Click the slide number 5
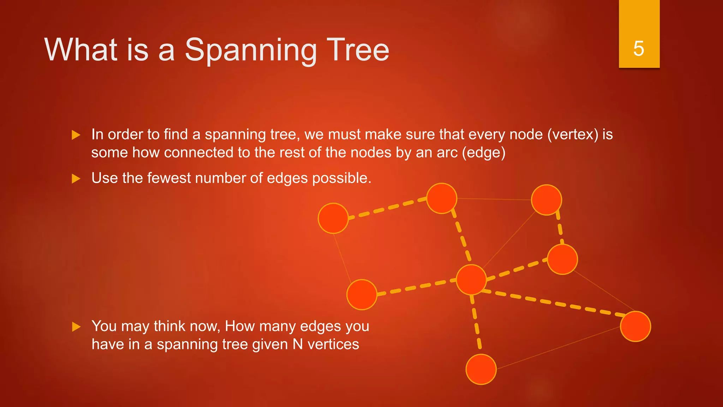[639, 48]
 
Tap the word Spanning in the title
[250, 50]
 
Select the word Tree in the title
[358, 50]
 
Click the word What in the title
[81, 50]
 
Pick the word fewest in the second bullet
[169, 178]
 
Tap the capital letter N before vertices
[298, 344]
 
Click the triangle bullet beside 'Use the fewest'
[76, 179]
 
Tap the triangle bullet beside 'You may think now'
[76, 327]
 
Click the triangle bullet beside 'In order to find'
[76, 135]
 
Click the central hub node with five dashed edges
[471, 279]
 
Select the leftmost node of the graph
[333, 218]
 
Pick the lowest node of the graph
[481, 369]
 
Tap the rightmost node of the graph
[635, 326]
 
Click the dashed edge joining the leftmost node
[387, 208]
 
